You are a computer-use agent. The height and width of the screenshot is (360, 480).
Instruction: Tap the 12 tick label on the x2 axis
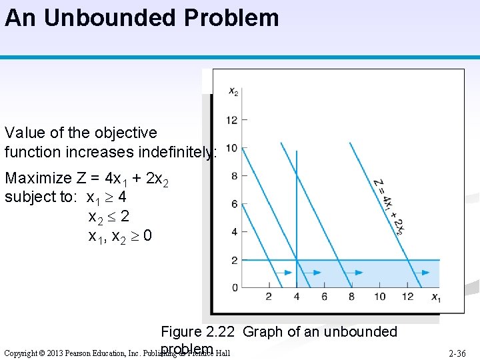click(x=231, y=120)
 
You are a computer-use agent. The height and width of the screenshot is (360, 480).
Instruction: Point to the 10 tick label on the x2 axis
click(x=231, y=148)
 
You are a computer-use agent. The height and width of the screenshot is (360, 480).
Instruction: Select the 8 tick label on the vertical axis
click(x=234, y=176)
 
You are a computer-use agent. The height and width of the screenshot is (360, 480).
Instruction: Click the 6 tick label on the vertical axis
click(x=234, y=204)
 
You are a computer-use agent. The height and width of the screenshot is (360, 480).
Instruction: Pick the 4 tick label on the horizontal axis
click(x=297, y=297)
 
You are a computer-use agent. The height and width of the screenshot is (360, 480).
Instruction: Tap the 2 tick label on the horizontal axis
click(x=269, y=297)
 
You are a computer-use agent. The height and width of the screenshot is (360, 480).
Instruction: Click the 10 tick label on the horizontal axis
click(x=379, y=297)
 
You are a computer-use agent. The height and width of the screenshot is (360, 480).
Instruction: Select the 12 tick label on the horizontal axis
click(x=407, y=297)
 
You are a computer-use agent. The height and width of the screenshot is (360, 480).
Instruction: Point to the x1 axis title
click(x=435, y=297)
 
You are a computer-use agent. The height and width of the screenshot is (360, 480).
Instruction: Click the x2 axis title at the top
click(x=233, y=92)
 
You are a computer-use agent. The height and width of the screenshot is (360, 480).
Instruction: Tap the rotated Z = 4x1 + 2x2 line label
click(x=389, y=207)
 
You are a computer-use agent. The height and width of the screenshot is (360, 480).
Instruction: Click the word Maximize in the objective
click(x=37, y=179)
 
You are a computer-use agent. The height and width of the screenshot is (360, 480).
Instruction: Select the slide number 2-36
click(x=457, y=353)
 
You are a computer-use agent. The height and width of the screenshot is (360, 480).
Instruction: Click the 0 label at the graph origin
click(x=234, y=287)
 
